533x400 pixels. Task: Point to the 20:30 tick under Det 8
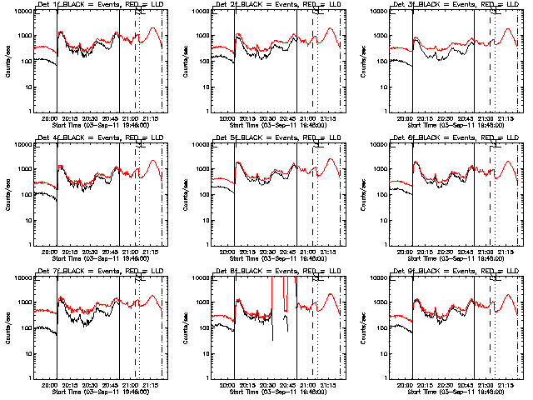point(268,386)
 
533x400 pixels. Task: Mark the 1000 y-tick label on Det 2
point(199,36)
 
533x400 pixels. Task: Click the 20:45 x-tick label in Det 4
point(111,252)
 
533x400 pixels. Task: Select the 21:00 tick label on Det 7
point(131,386)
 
